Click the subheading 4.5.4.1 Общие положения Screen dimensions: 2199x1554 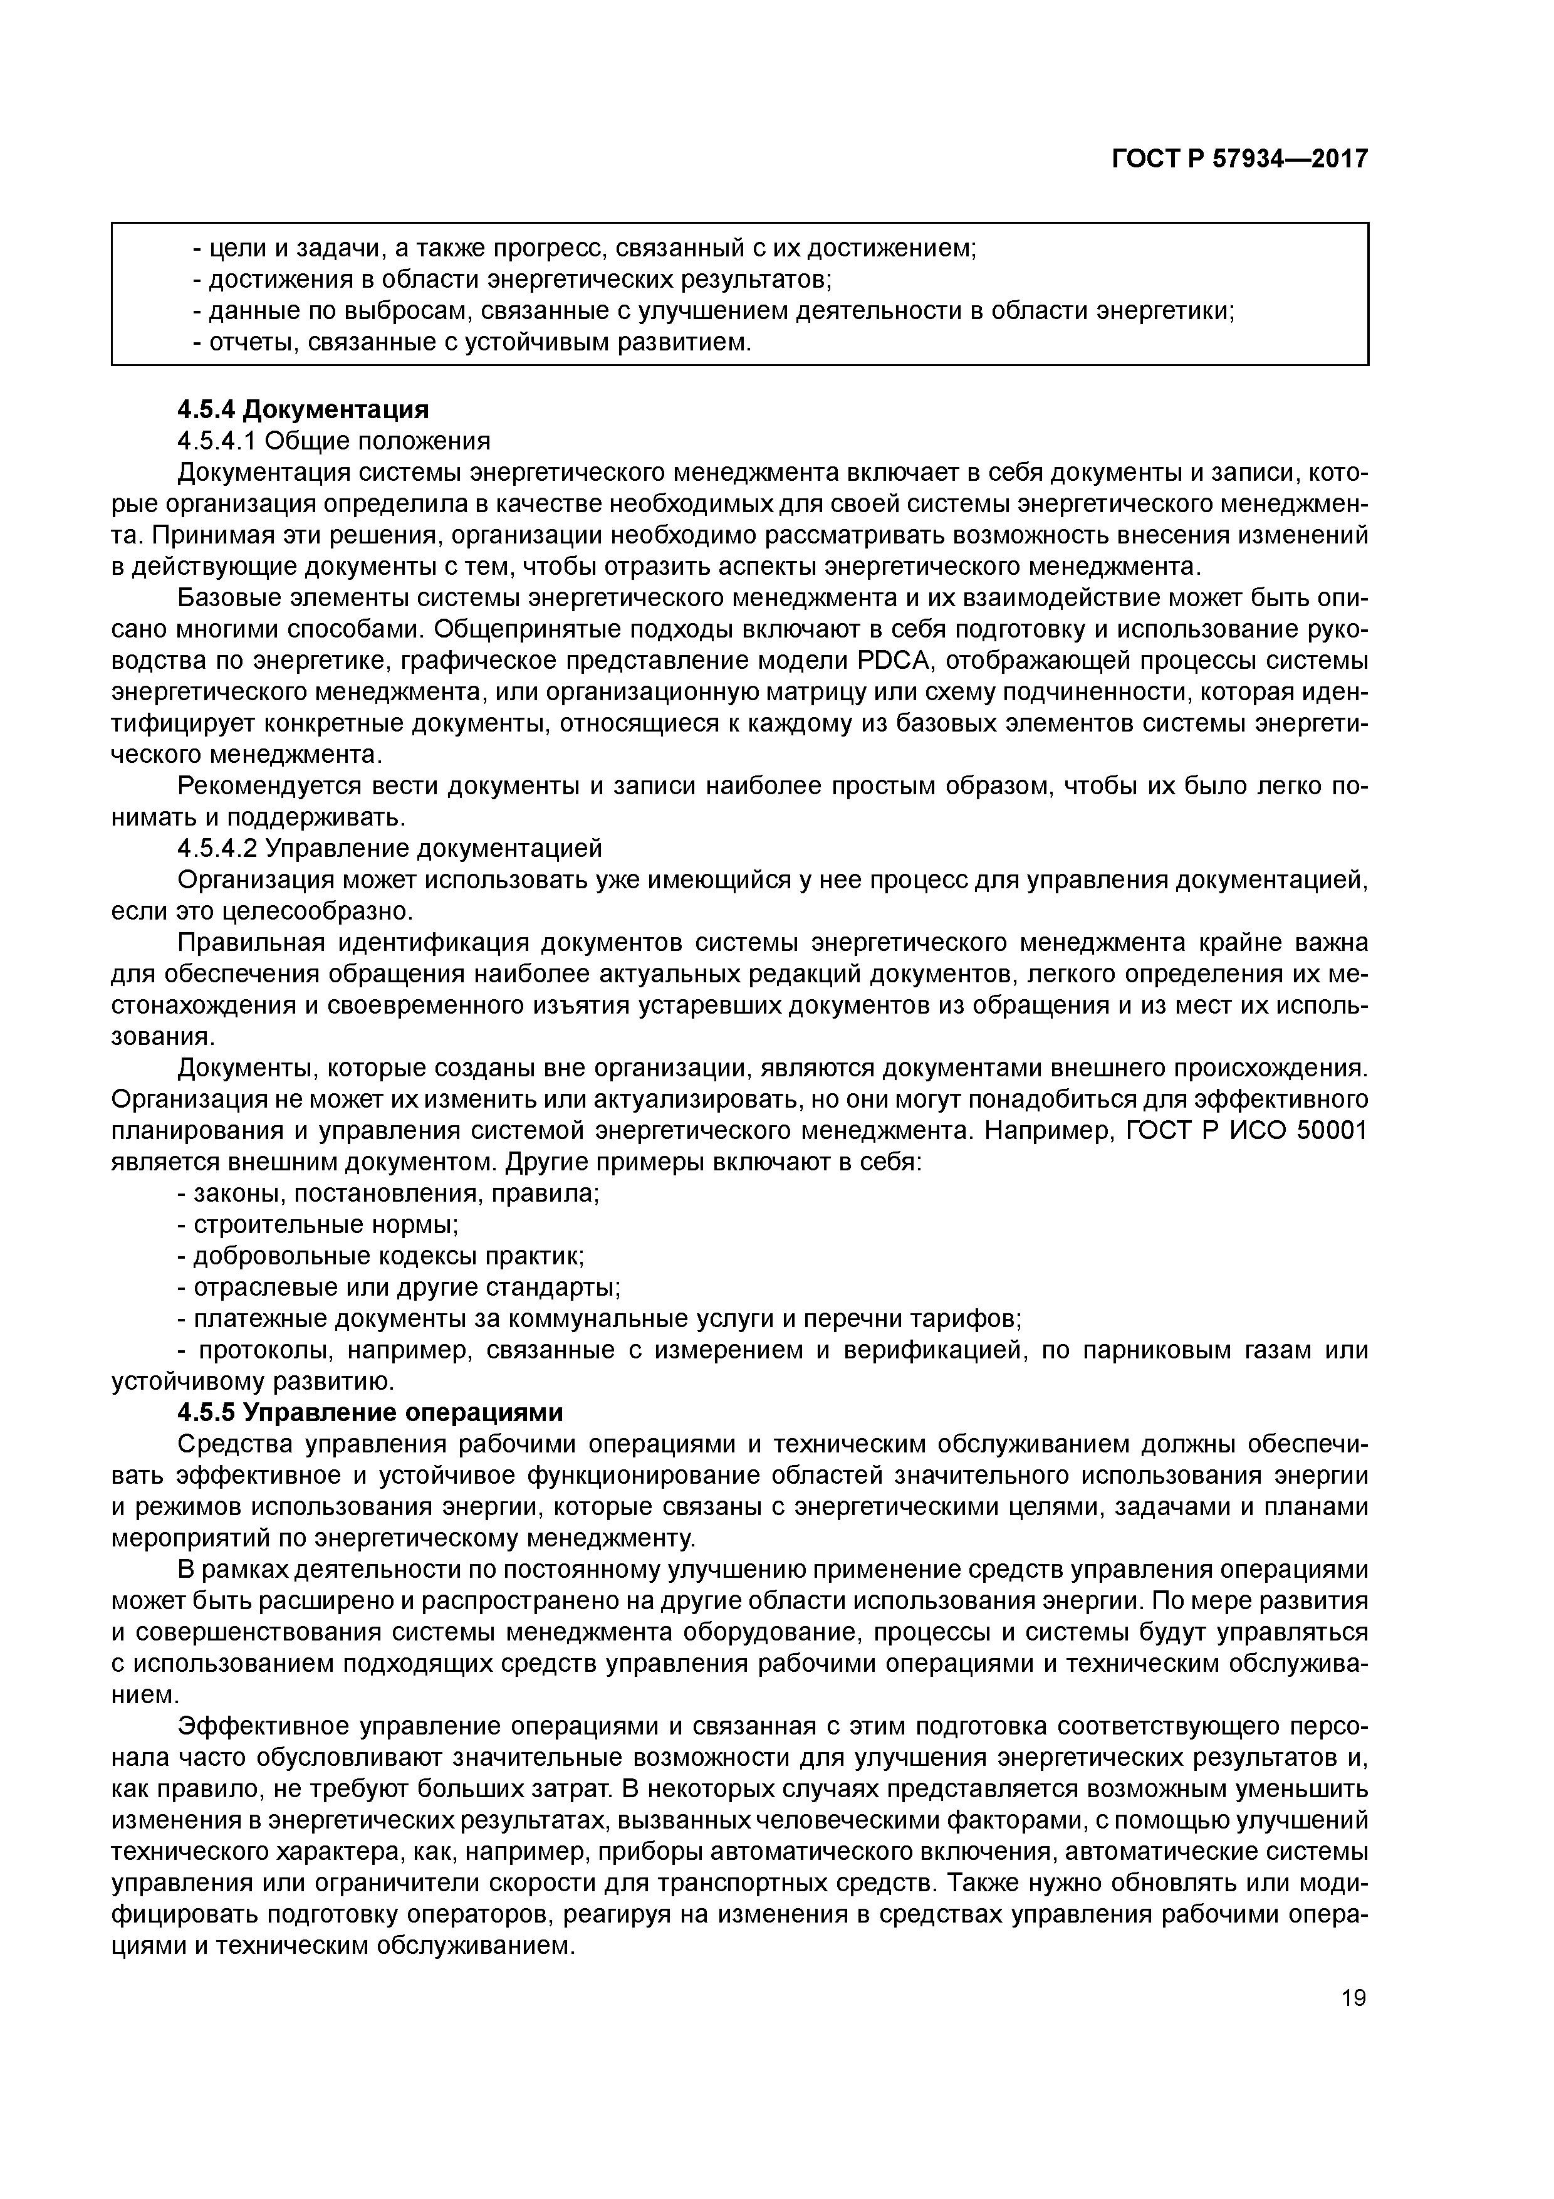(334, 441)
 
